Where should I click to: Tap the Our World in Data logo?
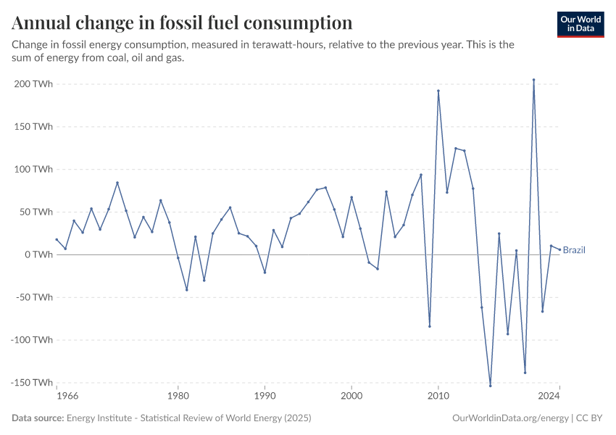click(580, 24)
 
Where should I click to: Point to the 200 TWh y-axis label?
click(33, 84)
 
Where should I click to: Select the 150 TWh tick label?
click(33, 127)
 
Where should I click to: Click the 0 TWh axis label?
click(38, 254)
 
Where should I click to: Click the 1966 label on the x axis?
click(67, 396)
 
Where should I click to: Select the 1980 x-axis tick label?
click(178, 396)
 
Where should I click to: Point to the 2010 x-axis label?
click(438, 396)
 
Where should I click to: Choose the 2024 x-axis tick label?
click(549, 396)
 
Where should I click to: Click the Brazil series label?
click(574, 250)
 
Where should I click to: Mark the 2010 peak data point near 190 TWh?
click(438, 91)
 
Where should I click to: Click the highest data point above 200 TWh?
click(533, 80)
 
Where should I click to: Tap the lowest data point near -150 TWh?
click(490, 386)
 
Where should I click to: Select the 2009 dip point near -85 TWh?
click(430, 326)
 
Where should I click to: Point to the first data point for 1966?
click(57, 239)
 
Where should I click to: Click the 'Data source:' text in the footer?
click(38, 418)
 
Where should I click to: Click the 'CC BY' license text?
click(591, 418)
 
